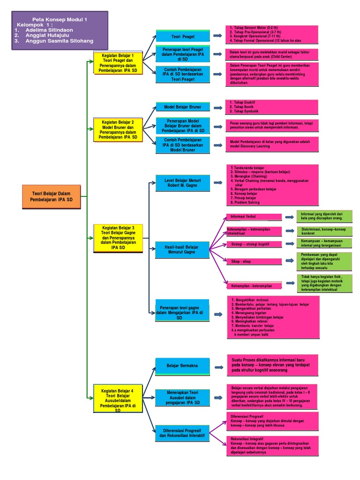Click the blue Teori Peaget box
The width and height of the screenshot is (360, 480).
coord(182,36)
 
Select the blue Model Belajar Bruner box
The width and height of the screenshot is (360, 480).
coord(182,107)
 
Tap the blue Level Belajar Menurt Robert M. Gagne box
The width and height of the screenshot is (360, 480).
coord(182,182)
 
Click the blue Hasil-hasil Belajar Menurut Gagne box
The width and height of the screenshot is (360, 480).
coord(182,250)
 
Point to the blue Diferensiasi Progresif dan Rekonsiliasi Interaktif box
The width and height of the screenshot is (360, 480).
coord(182,433)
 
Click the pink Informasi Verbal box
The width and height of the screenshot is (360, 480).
coord(253,217)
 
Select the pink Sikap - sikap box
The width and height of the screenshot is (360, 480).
coord(253,261)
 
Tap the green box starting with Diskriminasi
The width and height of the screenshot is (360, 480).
coord(324,231)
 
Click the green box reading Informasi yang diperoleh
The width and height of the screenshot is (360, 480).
coord(324,216)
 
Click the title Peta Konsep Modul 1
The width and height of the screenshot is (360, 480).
coord(60,19)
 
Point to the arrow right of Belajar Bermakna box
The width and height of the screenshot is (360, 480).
coord(217,367)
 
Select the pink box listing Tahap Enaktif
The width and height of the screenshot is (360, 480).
coord(271,107)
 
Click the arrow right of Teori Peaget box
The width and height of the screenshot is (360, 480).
coord(217,36)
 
